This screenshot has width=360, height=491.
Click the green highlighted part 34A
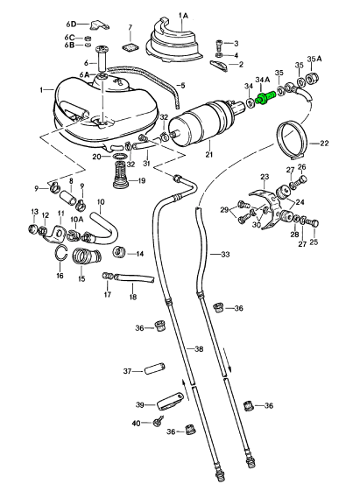pyautogui.click(x=265, y=97)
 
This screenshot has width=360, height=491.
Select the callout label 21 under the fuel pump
pyautogui.click(x=209, y=154)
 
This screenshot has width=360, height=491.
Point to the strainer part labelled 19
pyautogui.click(x=121, y=174)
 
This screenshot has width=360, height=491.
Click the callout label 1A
pyautogui.click(x=183, y=15)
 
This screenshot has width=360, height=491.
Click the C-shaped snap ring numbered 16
pyautogui.click(x=61, y=253)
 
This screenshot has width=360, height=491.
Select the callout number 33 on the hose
pyautogui.click(x=226, y=254)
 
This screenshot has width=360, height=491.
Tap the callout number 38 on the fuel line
pyautogui.click(x=199, y=349)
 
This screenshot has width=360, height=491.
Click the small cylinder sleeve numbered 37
pyautogui.click(x=154, y=368)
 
